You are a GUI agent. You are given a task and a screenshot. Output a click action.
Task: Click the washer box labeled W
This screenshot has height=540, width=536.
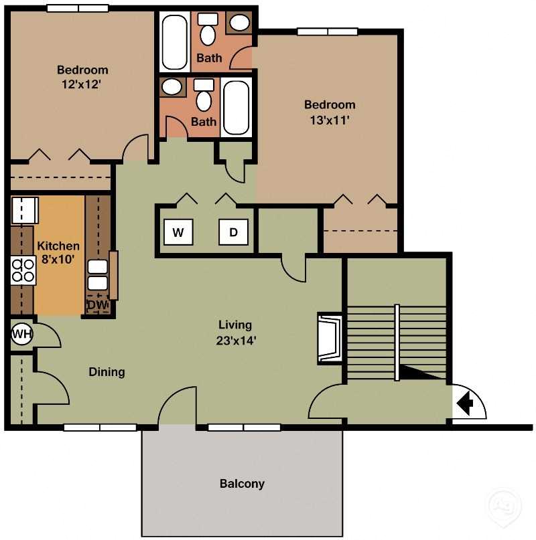click(178, 233)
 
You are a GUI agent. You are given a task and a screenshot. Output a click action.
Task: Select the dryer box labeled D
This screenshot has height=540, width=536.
click(233, 233)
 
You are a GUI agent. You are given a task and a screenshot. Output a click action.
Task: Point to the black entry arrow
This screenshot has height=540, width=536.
click(466, 403)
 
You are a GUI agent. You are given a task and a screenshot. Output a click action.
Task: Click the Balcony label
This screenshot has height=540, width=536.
click(242, 483)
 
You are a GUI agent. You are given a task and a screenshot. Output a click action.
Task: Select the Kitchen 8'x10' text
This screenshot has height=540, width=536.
click(58, 252)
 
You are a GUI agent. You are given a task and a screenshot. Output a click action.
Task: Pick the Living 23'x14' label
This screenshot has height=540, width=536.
click(235, 332)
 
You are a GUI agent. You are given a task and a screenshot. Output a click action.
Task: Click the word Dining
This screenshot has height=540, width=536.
click(107, 371)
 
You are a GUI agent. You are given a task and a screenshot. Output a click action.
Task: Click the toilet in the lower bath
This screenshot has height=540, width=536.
click(204, 97)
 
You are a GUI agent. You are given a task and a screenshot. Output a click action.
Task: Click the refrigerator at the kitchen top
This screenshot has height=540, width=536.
click(24, 209)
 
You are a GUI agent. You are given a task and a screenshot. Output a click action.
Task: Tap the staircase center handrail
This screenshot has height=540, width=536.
click(397, 341)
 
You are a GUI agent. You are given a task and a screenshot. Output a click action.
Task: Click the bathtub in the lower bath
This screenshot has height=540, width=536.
click(236, 107)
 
